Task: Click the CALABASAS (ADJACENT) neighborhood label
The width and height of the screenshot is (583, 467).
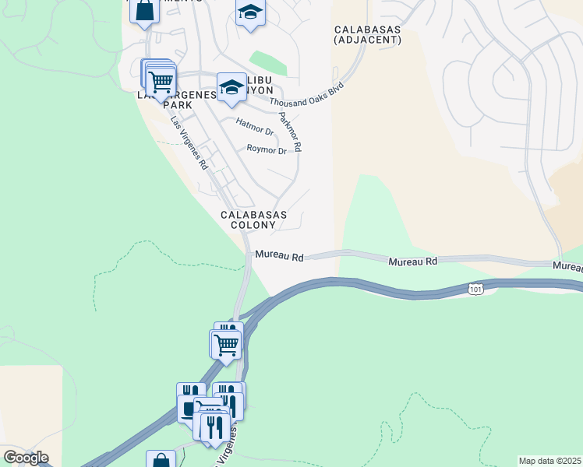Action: point(367,34)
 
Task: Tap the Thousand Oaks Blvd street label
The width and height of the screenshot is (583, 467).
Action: point(306,96)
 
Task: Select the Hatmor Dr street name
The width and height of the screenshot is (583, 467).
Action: point(255,126)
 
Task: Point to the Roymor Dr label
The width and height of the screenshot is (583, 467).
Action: point(267,149)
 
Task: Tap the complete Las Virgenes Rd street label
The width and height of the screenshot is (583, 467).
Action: point(189,143)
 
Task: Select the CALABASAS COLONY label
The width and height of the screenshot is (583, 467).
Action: point(253,219)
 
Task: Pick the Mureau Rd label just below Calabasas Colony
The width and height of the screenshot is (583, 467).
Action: point(278,255)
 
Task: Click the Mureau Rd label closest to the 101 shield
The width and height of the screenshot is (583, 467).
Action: point(413,262)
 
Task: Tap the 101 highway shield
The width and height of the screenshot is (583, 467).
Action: point(476,289)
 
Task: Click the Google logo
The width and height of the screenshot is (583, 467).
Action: point(26,457)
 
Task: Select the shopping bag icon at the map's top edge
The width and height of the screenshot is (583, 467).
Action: point(144,10)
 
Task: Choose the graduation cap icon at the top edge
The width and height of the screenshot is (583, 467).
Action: point(249,12)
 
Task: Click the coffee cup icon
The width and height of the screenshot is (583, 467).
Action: point(188,407)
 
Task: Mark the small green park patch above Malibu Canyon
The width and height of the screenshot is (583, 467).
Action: point(267,62)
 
